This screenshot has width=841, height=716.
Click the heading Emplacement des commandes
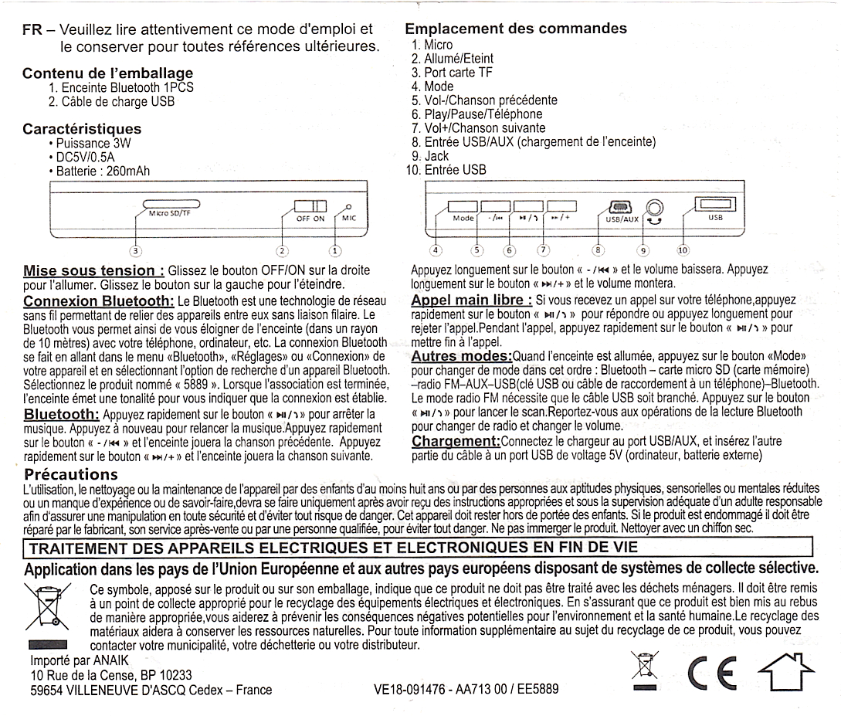pyautogui.click(x=516, y=29)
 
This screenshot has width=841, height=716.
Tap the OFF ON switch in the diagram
pyautogui.click(x=310, y=208)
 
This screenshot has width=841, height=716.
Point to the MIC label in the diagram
pyautogui.click(x=350, y=219)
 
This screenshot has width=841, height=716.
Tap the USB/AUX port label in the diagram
pyautogui.click(x=620, y=219)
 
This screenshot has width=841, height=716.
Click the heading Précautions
pyautogui.click(x=71, y=473)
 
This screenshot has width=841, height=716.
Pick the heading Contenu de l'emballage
pyautogui.click(x=107, y=74)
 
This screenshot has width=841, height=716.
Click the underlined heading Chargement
pyautogui.click(x=456, y=441)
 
